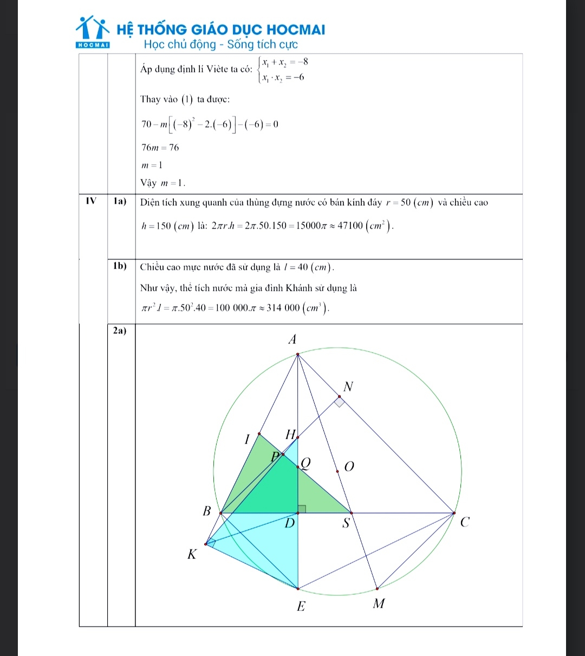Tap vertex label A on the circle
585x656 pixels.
coord(292,340)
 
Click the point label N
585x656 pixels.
coord(348,387)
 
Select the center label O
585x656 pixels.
coord(349,466)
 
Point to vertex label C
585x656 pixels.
coord(464,523)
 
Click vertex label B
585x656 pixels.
coord(206,510)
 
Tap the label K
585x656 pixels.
coord(191,554)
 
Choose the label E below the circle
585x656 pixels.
coord(301,606)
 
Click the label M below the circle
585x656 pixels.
coord(379,603)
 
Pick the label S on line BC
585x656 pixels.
coord(346,524)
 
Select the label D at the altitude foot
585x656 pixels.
coord(290,524)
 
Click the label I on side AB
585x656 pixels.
coord(247,439)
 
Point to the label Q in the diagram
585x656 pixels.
coord(307,463)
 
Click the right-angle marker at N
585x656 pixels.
coord(339,401)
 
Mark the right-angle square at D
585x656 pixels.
coord(302,508)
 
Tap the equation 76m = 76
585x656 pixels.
coord(160,147)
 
